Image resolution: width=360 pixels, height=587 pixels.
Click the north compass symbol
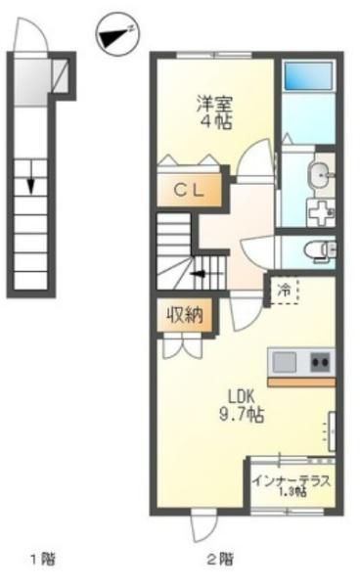[117, 34]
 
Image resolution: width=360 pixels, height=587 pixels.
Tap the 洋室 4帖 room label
[214, 113]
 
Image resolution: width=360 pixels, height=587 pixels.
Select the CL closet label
[189, 191]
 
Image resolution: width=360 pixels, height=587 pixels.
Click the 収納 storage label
[185, 315]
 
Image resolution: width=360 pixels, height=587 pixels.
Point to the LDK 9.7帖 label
[242, 405]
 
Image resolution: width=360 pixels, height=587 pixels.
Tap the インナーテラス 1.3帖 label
[292, 485]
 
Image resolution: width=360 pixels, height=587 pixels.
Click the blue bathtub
[308, 75]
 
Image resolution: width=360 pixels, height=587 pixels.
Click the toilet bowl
[318, 248]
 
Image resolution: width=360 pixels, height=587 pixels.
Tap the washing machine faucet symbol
[321, 212]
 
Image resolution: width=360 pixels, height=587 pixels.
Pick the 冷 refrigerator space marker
[285, 290]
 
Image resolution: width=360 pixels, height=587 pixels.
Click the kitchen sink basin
[285, 362]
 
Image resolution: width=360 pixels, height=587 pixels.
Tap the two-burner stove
[320, 362]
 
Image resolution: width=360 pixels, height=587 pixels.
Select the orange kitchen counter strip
[301, 383]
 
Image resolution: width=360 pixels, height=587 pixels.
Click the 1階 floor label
[43, 560]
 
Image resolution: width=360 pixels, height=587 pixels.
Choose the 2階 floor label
[220, 560]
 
